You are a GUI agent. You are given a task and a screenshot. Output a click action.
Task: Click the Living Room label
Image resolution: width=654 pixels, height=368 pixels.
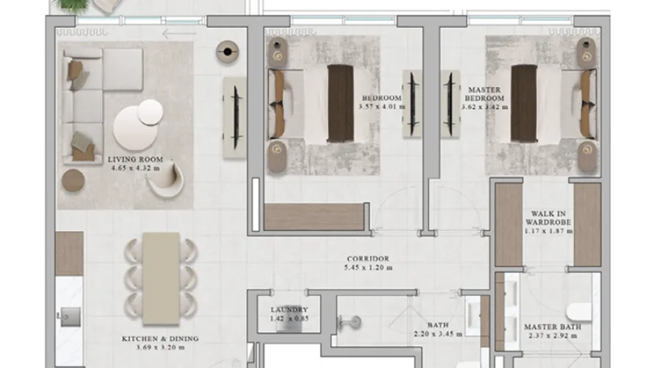[135, 158]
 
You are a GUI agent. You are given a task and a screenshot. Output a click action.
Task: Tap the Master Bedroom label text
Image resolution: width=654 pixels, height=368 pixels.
[486, 93]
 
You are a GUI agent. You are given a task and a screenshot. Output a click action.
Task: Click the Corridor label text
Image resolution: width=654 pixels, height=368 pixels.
[368, 259]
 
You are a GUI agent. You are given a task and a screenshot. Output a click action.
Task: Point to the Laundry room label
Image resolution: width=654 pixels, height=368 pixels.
[289, 310]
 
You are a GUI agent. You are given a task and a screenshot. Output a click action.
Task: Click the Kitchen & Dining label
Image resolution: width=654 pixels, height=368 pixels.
[160, 339]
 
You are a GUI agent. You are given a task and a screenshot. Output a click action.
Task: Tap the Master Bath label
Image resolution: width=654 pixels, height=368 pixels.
[552, 327]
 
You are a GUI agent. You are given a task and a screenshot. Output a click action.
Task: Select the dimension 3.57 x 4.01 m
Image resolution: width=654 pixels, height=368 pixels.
[382, 107]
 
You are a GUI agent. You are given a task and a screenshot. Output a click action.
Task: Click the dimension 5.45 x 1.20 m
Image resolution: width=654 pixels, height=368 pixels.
[368, 268]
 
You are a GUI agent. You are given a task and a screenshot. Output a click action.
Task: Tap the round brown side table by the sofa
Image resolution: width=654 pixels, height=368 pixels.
[73, 180]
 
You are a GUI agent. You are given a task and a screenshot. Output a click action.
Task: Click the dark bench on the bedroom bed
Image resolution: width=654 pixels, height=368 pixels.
[340, 103]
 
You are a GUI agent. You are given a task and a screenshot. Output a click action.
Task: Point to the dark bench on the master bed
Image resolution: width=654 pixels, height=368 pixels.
[524, 103]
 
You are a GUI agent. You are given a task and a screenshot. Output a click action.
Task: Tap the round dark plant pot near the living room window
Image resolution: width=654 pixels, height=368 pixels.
[228, 51]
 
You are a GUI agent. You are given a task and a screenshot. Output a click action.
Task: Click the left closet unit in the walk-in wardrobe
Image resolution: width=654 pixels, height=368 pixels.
[508, 224]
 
